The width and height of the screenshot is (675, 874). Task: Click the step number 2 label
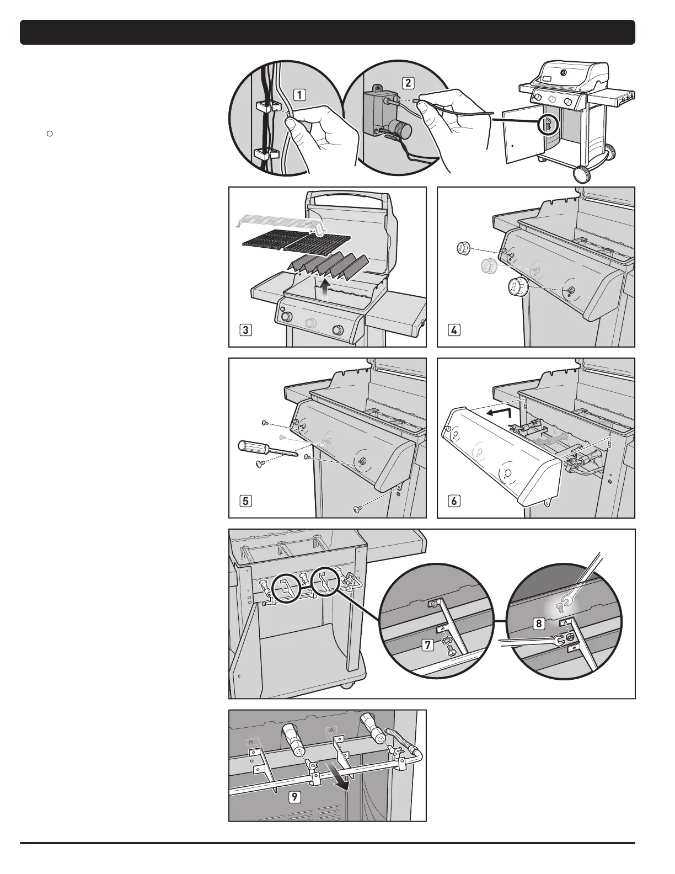point(408,83)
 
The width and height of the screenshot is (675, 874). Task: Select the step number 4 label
point(453,331)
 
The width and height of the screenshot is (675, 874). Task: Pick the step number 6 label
point(453,501)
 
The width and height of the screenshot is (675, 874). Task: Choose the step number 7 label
point(427,646)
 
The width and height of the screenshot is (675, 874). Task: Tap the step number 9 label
point(296,797)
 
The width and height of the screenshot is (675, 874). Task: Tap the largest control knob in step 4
point(517,288)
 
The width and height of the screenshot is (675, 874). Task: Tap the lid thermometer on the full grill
point(564,73)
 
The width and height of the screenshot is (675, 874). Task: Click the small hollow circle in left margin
point(49,133)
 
